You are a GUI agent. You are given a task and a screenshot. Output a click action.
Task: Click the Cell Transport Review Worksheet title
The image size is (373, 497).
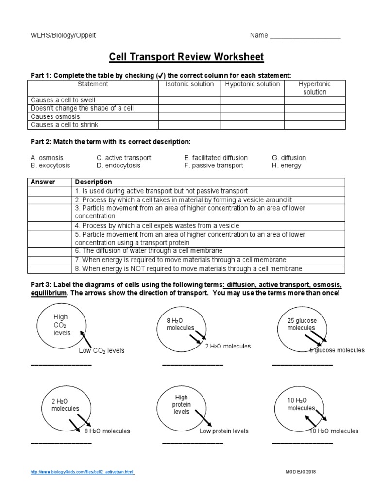[186, 57]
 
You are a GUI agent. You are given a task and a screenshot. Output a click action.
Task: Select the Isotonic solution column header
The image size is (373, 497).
[189, 84]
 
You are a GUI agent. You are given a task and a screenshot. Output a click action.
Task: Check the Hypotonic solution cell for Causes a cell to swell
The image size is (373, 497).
[253, 100]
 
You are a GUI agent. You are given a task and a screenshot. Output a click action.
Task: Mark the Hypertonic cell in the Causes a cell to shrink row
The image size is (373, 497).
[315, 125]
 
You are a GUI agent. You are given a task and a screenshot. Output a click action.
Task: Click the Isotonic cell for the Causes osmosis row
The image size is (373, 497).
[190, 117]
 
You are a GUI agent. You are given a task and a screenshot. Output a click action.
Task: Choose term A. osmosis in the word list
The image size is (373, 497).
[47, 158]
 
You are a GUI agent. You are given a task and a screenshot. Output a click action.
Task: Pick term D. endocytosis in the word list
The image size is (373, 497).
[118, 166]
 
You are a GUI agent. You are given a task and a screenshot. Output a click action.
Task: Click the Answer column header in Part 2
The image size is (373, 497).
[43, 182]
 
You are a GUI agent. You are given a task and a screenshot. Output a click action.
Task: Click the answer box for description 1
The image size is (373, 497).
[50, 191]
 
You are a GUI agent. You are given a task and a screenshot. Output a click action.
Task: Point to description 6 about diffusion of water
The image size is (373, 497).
[149, 251]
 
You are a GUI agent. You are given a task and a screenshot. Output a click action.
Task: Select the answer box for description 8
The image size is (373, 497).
[50, 269]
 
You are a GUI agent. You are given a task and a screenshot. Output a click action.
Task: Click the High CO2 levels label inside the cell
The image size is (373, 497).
[62, 325]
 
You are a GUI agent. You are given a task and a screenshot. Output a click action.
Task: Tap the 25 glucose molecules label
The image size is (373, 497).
[302, 324]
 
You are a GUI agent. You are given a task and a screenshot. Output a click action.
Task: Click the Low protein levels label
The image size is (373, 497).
[224, 431]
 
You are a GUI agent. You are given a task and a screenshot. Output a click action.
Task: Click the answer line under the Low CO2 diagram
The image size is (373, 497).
[61, 365]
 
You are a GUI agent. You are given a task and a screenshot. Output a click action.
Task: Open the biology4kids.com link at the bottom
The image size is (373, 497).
[82, 472]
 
